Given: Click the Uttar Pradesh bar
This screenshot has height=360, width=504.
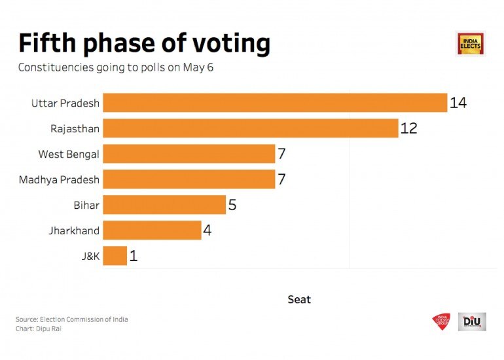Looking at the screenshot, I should [275, 103].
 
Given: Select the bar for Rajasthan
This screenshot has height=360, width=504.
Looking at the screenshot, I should [251, 128].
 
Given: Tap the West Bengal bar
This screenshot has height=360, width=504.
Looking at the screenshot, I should [189, 154].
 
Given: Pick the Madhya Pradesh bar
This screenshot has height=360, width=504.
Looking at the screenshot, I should [189, 179].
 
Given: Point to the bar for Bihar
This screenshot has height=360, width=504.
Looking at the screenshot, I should [164, 205].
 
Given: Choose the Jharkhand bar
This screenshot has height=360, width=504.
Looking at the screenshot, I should [152, 230].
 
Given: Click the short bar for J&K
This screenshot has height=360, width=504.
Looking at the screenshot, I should [115, 256].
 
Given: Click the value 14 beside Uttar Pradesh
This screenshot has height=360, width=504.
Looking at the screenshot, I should [458, 103].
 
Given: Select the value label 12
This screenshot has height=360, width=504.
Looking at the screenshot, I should [409, 128].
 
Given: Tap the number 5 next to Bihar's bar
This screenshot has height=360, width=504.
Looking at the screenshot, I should [232, 205].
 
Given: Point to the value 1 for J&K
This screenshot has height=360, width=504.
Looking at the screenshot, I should [134, 256].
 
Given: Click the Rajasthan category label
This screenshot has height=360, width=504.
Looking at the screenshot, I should [75, 129].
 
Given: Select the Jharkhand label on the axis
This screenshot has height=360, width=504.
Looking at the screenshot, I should [74, 230].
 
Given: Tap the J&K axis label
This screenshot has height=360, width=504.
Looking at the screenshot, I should [90, 256].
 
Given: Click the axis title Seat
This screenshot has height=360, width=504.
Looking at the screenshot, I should [299, 299].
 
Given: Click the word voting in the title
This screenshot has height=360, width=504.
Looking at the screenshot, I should [221, 43].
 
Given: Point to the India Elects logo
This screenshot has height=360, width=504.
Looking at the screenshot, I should [469, 43].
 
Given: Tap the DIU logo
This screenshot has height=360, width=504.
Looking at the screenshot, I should [472, 321].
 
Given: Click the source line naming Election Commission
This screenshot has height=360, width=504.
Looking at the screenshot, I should [72, 319].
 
